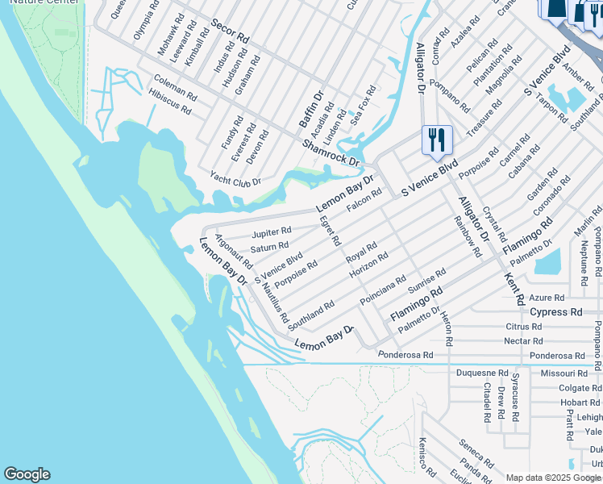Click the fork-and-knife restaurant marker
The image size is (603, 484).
(437, 140)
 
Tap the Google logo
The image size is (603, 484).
(27, 474)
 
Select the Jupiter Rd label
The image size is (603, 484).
(272, 232)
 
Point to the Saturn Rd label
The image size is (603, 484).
(269, 247)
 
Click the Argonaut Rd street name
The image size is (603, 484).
(234, 251)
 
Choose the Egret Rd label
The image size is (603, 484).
(330, 231)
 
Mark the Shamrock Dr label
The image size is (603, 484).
(331, 152)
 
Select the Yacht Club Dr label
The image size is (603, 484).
(235, 178)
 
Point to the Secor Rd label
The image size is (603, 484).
(231, 32)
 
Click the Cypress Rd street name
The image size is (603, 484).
(555, 312)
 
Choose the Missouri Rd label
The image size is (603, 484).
(564, 373)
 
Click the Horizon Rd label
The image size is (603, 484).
(368, 266)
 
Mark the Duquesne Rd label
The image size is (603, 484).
(482, 373)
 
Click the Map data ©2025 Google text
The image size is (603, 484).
(554, 478)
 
